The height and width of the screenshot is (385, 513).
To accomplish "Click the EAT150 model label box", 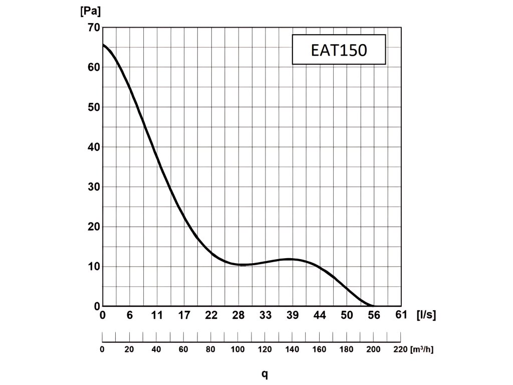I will [339, 50].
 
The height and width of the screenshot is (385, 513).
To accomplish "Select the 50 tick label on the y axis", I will [94, 107].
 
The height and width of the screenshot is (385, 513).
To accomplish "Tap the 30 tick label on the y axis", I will [94, 186].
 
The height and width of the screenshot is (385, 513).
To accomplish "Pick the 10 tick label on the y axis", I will [94, 266].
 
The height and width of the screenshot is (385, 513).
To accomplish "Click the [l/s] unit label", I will [426, 315].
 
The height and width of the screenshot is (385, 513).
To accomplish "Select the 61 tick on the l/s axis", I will [401, 315].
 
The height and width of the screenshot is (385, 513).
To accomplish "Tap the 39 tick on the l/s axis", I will [293, 315].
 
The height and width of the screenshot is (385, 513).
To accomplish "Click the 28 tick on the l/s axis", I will [238, 315].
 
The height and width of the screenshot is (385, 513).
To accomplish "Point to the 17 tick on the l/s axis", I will [184, 315].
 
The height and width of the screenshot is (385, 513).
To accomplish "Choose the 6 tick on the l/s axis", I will [130, 315].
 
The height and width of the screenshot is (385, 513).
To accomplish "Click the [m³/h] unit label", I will [421, 349].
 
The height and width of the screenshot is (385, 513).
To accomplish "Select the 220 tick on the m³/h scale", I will [401, 349].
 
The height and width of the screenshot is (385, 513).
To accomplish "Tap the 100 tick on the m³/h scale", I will [238, 349].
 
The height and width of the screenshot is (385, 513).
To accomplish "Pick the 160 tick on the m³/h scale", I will [320, 349].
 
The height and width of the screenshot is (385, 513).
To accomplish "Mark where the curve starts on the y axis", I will [103, 45].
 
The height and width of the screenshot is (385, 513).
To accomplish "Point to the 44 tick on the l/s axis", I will [320, 315].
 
